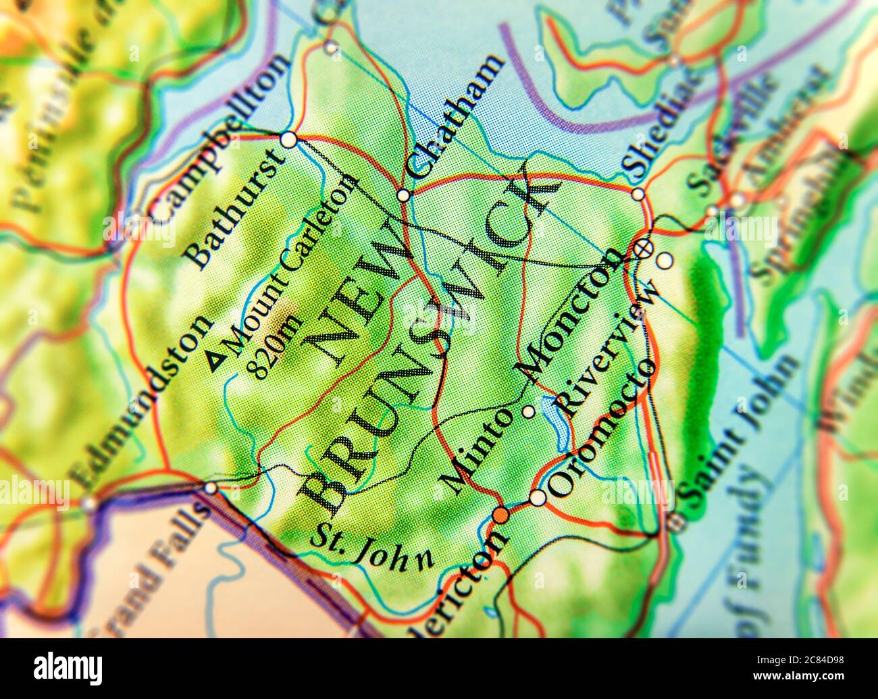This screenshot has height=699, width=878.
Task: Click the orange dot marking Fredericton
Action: tap(500, 515)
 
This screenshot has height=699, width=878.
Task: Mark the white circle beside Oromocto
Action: tap(537, 498)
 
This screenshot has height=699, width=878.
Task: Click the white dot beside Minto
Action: tap(528, 411)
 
